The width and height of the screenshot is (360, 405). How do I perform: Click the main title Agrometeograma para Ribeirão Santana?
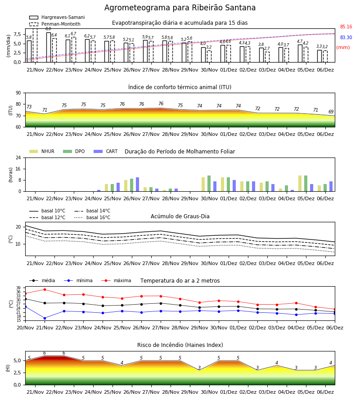(x=180, y=8)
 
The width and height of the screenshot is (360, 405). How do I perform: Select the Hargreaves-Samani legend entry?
(x=57, y=17)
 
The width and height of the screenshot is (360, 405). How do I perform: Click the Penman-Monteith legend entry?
(x=55, y=24)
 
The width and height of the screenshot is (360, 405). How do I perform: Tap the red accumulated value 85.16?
(x=346, y=27)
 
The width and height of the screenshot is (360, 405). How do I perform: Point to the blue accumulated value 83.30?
(x=346, y=37)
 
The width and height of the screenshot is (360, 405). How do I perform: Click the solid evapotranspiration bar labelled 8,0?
(x=49, y=47)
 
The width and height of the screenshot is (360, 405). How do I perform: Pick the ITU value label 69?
(x=331, y=112)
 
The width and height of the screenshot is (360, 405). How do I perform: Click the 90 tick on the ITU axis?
(x=18, y=93)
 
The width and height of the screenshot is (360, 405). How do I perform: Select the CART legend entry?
(x=106, y=151)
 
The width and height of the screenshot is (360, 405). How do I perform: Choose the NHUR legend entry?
(x=42, y=151)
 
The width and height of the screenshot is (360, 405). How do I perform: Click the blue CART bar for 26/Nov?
(x=138, y=184)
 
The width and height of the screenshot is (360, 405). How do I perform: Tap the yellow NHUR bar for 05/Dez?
(x=300, y=184)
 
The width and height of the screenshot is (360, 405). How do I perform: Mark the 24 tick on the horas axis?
(x=18, y=157)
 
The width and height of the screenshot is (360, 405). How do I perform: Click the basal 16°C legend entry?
(x=92, y=217)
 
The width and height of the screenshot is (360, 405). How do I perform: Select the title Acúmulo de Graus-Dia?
(x=180, y=216)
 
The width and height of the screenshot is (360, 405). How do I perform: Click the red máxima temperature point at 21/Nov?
(x=45, y=289)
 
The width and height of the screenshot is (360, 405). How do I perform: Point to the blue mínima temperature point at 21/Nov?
(x=45, y=318)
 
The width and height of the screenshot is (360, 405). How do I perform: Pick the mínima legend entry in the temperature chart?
(x=78, y=280)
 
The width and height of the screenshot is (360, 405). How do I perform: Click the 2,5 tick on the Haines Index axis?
(x=17, y=373)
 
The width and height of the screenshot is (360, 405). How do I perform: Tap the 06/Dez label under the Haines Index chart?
(x=325, y=392)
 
